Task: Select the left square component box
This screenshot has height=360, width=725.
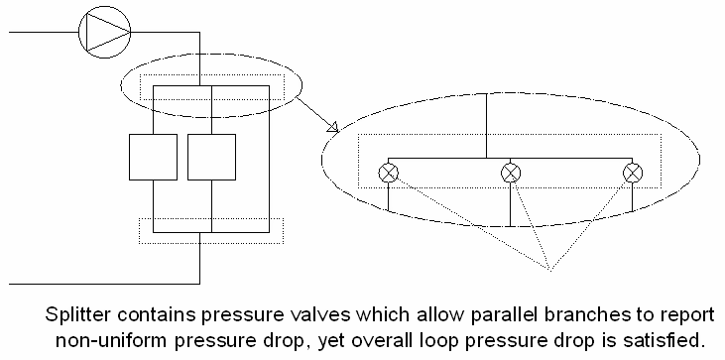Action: [x=154, y=157]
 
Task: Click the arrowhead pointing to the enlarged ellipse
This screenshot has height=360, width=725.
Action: [x=330, y=127]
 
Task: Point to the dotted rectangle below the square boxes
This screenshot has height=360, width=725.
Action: [x=210, y=230]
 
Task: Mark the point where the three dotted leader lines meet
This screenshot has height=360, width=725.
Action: [x=547, y=269]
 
